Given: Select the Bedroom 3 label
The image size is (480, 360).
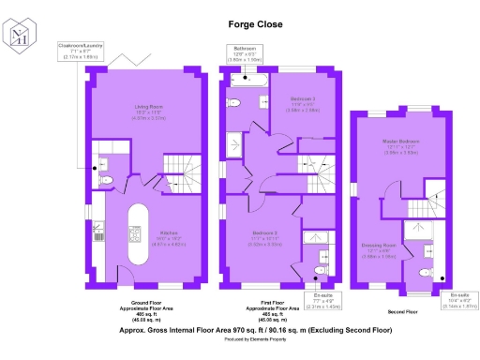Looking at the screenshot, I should point(302,101).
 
